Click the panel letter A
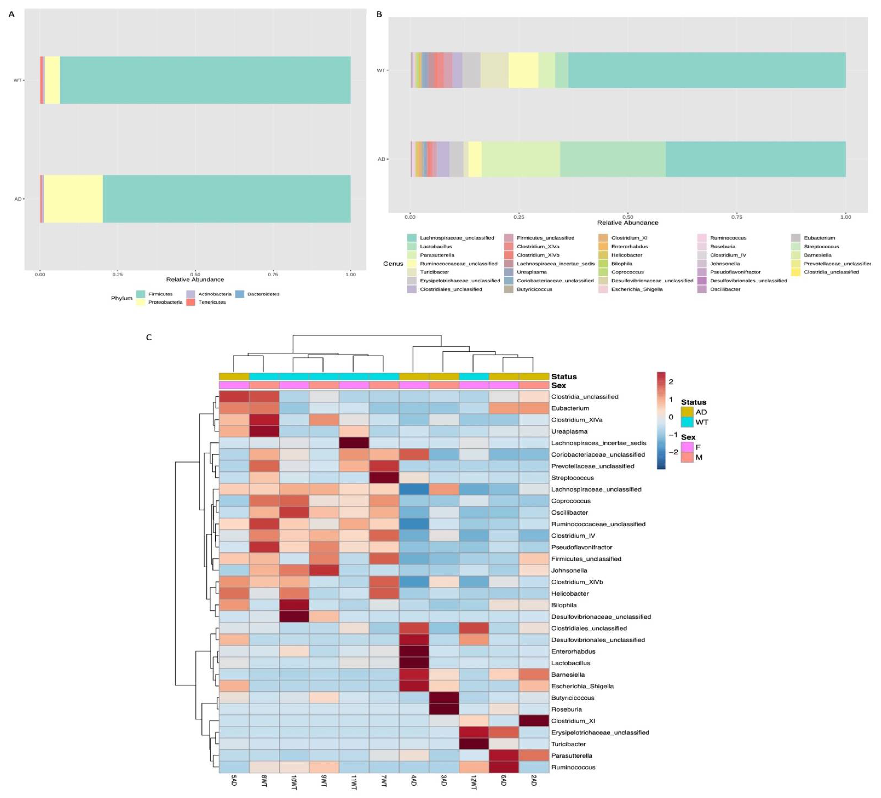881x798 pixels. (x=11, y=14)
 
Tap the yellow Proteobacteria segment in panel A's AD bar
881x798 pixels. (x=73, y=199)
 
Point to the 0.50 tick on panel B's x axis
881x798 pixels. (x=627, y=217)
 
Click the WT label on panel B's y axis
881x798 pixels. (x=381, y=70)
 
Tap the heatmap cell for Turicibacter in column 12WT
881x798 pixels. (x=474, y=744)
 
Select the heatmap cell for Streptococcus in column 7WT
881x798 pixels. (x=384, y=478)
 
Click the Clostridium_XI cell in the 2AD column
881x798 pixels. (x=534, y=721)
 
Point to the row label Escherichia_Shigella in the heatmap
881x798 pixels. (x=582, y=686)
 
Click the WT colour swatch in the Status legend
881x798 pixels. (x=686, y=422)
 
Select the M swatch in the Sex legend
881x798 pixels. (x=686, y=457)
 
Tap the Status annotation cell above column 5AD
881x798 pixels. (x=234, y=377)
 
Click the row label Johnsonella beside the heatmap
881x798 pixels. (x=569, y=570)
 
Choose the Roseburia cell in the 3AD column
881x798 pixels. (x=444, y=709)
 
